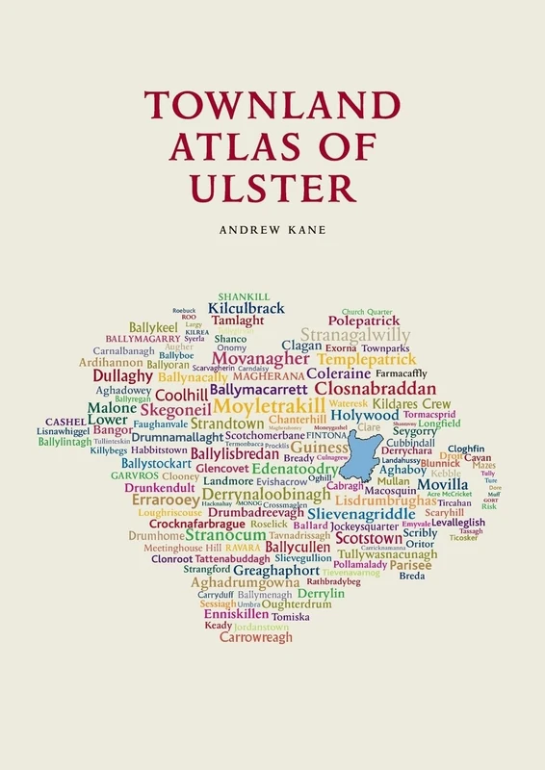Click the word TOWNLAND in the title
click(x=272, y=105)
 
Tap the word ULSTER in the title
click(x=272, y=185)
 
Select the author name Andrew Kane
click(x=272, y=231)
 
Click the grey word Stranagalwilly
click(x=355, y=334)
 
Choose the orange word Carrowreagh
click(x=255, y=637)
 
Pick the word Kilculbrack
click(x=247, y=308)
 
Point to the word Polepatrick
click(x=363, y=321)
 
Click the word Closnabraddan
click(x=382, y=389)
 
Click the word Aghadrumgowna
click(x=246, y=581)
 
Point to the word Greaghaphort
click(x=276, y=570)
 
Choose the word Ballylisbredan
click(x=236, y=453)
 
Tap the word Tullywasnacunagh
click(x=388, y=554)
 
